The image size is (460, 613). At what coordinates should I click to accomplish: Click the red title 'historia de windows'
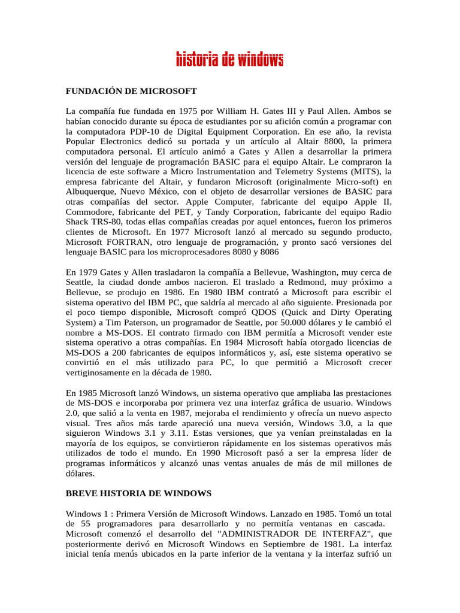tap(229, 60)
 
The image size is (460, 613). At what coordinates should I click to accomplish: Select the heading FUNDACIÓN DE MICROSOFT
tap(131, 91)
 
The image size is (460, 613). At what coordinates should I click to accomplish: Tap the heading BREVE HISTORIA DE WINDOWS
tap(138, 493)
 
